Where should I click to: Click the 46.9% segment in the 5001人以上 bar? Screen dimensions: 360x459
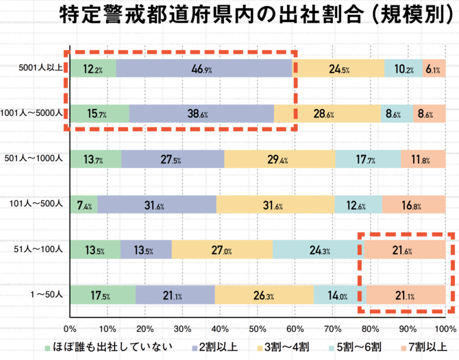(203, 69)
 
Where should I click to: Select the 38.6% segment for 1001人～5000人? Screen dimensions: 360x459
(201, 114)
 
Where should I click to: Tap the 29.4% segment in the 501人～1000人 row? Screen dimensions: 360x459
(280, 159)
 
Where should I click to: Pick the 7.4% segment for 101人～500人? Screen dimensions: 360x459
(83, 204)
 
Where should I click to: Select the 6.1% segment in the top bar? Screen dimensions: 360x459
(433, 69)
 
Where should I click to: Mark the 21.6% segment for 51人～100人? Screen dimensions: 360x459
(404, 250)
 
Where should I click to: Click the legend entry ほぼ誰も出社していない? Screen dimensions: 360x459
(110, 347)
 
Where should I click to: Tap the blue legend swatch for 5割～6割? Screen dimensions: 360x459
(334, 348)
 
